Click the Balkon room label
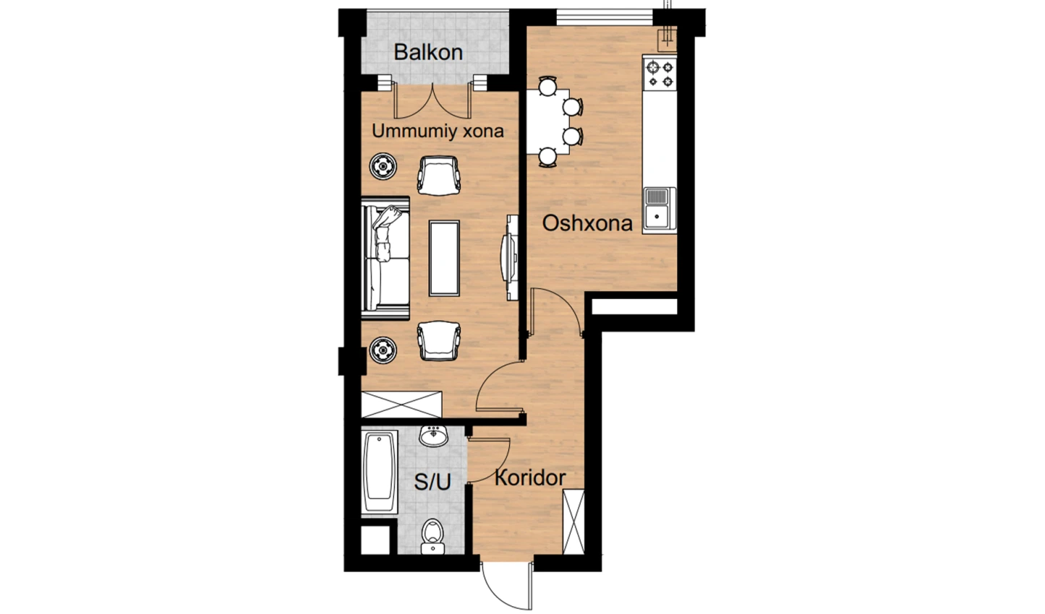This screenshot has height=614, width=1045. click(428, 52)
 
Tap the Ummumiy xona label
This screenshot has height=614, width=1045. click(438, 131)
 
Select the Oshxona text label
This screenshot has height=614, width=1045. click(587, 223)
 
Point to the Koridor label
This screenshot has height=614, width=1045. click(530, 478)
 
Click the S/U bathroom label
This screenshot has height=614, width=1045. click(432, 482)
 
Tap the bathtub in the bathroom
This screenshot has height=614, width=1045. click(379, 472)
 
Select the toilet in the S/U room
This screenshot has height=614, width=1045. click(433, 537)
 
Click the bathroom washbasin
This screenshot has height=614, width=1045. click(433, 436)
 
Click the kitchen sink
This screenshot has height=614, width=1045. click(660, 210)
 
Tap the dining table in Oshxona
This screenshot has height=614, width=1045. click(548, 121)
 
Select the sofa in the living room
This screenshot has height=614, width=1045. click(385, 259)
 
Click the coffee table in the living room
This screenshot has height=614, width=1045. click(444, 258)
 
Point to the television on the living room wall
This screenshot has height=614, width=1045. click(510, 258)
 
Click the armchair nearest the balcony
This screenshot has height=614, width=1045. click(438, 175)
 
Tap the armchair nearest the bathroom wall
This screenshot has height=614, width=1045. click(438, 340)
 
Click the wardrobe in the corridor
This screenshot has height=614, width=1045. click(573, 522)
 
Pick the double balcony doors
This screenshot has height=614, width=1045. click(432, 100)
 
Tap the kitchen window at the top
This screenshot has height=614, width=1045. click(605, 17)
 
